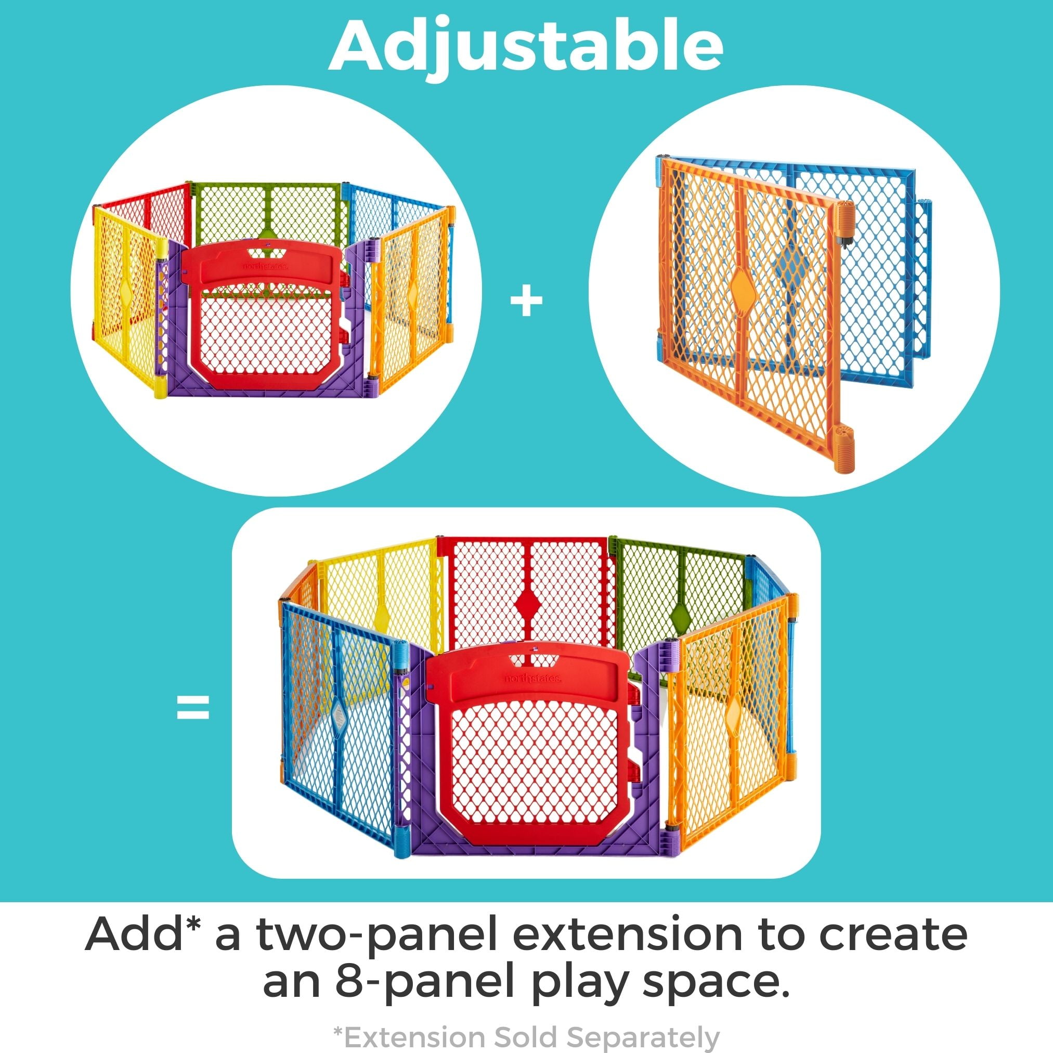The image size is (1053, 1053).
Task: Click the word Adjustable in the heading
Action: (x=526, y=48)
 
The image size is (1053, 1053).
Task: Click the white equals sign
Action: (x=193, y=707)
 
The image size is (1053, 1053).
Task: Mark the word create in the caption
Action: (x=893, y=934)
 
